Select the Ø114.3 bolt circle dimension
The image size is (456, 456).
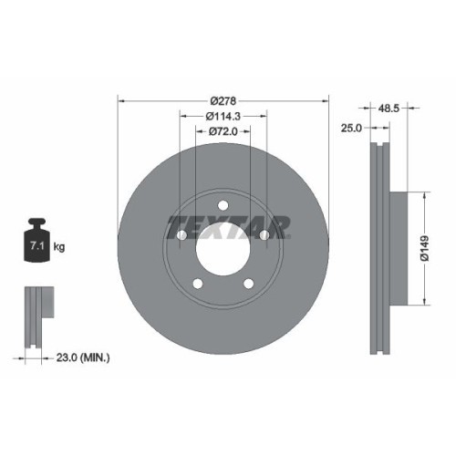click(223, 116)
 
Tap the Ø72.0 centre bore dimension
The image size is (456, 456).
click(223, 132)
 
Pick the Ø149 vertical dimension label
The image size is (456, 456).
click(438, 249)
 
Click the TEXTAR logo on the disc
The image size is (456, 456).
click(228, 224)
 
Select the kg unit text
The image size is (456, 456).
click(60, 246)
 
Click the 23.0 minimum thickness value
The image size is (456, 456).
click(65, 358)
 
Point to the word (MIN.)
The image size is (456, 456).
click(95, 358)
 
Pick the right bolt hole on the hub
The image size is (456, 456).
click(264, 236)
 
